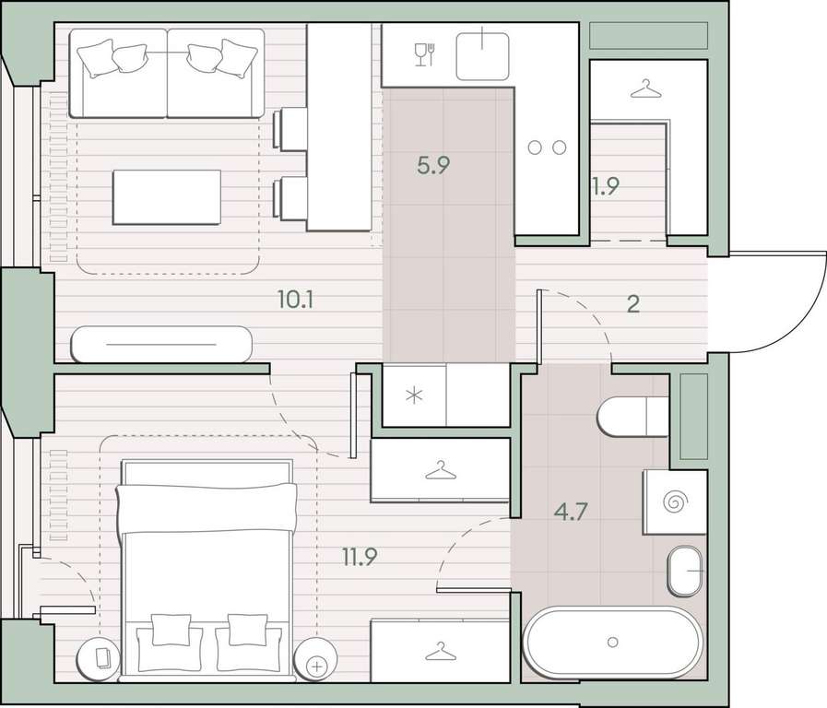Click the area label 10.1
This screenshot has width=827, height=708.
(x=295, y=301)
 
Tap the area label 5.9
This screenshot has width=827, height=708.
(x=433, y=166)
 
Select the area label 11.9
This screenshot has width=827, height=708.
(x=360, y=557)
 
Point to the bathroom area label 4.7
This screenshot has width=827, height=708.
(x=572, y=512)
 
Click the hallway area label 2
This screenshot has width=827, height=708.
(x=633, y=304)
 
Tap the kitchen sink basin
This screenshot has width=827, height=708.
(x=482, y=56)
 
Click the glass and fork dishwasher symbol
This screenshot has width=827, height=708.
(x=425, y=54)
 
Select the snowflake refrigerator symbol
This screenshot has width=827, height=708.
(x=414, y=395)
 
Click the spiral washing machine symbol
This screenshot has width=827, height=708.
(x=675, y=501)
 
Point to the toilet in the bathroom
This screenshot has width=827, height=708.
(x=632, y=417)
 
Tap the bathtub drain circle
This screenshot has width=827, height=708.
(x=612, y=643)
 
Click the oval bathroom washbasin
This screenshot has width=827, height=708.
(x=686, y=571)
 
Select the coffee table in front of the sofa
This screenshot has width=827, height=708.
(x=167, y=197)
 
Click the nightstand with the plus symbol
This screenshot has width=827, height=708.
(x=316, y=658)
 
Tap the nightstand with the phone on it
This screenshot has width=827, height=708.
(x=99, y=658)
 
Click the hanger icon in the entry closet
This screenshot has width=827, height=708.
(x=645, y=89)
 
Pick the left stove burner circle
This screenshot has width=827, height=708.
(x=535, y=147)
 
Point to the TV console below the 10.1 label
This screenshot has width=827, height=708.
(x=161, y=344)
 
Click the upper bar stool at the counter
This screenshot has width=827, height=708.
(x=289, y=129)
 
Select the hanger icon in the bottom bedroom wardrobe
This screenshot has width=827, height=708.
(x=441, y=652)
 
